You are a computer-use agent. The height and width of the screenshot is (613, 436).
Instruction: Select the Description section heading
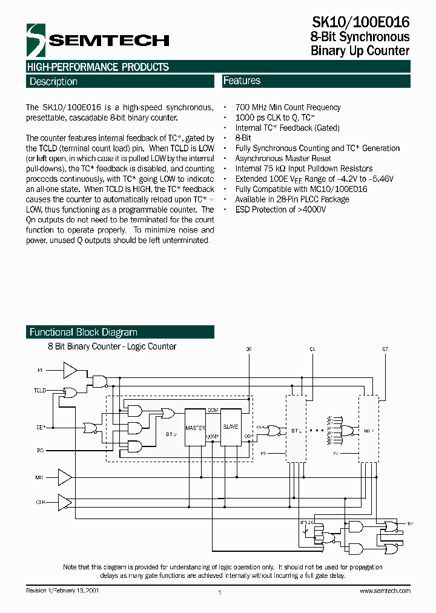tap(53, 82)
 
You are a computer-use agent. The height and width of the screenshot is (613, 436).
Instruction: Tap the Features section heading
tap(242, 81)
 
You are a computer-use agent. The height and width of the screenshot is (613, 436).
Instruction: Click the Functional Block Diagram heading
tap(84, 332)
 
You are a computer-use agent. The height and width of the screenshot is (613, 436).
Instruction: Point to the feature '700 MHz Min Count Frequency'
tap(288, 107)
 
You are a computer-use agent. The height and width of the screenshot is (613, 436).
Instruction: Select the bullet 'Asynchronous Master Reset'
tap(283, 158)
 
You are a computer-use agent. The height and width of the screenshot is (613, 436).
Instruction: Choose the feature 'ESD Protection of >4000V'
tap(280, 210)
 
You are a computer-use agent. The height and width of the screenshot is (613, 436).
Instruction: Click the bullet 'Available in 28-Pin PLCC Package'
tap(292, 199)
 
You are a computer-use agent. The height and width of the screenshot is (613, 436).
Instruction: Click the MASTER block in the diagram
tap(195, 428)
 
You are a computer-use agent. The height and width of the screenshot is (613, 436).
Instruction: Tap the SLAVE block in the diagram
tap(230, 428)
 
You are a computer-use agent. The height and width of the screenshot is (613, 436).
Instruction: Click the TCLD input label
tap(39, 391)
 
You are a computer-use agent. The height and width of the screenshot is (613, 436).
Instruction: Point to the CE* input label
tap(41, 427)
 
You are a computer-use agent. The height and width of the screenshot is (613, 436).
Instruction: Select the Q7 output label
tap(385, 349)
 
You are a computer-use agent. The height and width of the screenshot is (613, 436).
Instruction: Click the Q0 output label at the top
tap(248, 349)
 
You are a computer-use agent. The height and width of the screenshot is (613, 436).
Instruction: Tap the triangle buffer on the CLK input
tap(64, 502)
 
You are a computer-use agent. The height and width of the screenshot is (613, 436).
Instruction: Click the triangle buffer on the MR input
tap(64, 477)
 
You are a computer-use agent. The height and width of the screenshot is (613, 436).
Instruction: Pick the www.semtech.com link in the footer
tap(385, 591)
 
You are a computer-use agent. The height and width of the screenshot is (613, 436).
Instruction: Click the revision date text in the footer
tap(62, 591)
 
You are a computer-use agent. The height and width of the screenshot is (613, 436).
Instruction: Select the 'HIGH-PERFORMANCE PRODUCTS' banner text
tap(97, 67)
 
